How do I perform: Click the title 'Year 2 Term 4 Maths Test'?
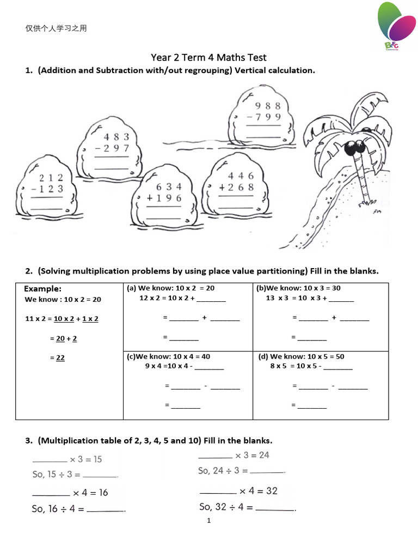(208, 57)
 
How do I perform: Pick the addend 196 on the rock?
(164, 198)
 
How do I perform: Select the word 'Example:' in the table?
(43, 288)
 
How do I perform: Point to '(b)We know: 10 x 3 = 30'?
(298, 288)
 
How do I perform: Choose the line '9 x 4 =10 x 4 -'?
(170, 366)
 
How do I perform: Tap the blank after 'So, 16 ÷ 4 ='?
(106, 511)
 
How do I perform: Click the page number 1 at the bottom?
(208, 520)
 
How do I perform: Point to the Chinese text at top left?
(56, 28)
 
